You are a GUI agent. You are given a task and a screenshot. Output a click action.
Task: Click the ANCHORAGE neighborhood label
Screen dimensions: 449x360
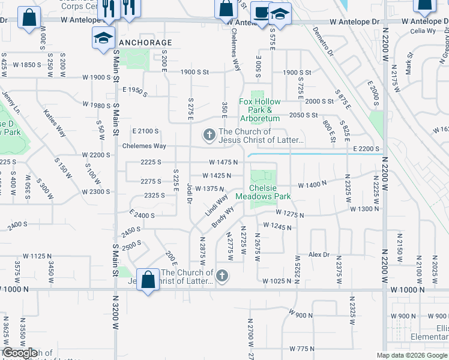(x=146, y=43)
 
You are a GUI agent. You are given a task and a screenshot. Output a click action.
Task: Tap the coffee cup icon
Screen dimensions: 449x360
(x=261, y=13)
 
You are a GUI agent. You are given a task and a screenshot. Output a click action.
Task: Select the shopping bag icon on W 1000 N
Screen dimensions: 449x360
(x=148, y=280)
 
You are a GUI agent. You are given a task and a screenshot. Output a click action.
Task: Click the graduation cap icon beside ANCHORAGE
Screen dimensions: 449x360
(x=103, y=38)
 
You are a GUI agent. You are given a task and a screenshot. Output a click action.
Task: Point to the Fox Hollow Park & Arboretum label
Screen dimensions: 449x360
(x=260, y=110)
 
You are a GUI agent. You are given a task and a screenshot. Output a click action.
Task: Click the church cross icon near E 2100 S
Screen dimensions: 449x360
(x=209, y=134)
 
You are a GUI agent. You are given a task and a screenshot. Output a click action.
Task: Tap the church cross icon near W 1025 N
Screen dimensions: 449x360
(x=222, y=275)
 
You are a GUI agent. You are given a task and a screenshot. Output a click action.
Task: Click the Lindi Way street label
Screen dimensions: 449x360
(x=217, y=205)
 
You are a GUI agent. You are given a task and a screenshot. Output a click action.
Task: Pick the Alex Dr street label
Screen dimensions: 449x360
(x=319, y=254)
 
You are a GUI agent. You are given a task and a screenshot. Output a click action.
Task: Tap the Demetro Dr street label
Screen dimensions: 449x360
(x=322, y=43)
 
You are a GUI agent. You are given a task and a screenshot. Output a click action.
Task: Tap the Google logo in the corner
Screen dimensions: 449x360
(x=20, y=353)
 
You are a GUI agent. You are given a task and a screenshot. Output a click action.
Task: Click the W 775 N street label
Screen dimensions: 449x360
(x=302, y=348)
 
